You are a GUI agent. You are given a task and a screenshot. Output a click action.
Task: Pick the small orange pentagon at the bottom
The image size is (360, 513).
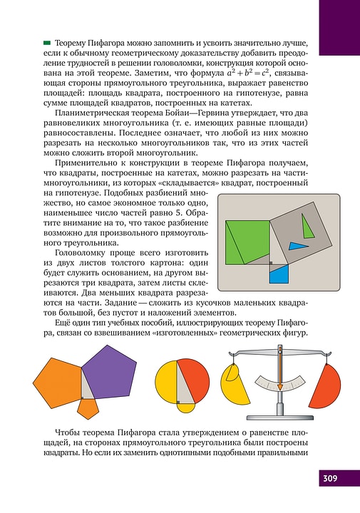[x=88, y=408]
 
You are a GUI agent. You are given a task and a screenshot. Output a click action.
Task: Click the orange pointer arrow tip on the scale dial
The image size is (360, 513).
[x=280, y=389]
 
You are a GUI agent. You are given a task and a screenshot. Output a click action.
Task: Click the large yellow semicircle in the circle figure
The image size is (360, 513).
[x=165, y=385]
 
